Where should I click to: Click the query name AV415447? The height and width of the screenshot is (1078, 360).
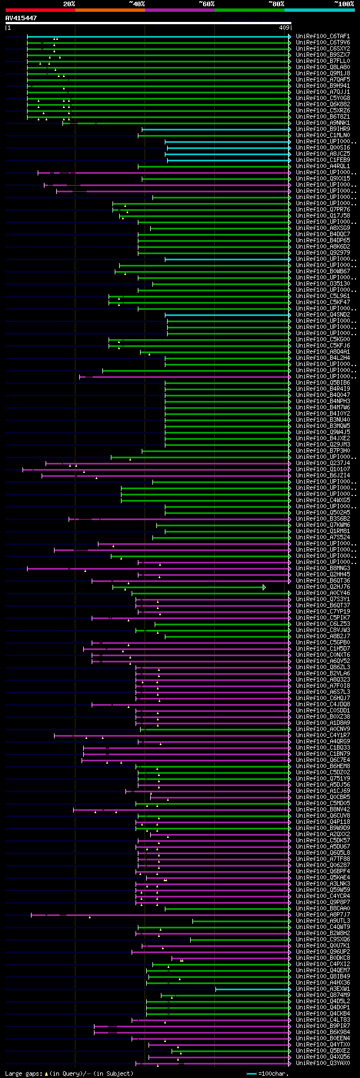[x=21, y=19]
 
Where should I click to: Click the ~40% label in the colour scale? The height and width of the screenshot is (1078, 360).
[x=137, y=4]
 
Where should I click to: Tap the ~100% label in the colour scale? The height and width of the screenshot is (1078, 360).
[x=344, y=4]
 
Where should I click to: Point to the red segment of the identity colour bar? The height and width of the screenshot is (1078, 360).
[x=40, y=10]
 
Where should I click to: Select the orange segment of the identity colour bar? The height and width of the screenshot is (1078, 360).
[x=110, y=10]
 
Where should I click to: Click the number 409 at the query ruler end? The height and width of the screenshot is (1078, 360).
[x=284, y=27]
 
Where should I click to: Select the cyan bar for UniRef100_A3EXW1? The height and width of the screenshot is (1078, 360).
[x=253, y=989]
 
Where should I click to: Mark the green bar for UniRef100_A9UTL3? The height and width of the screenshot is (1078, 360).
[x=241, y=921]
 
